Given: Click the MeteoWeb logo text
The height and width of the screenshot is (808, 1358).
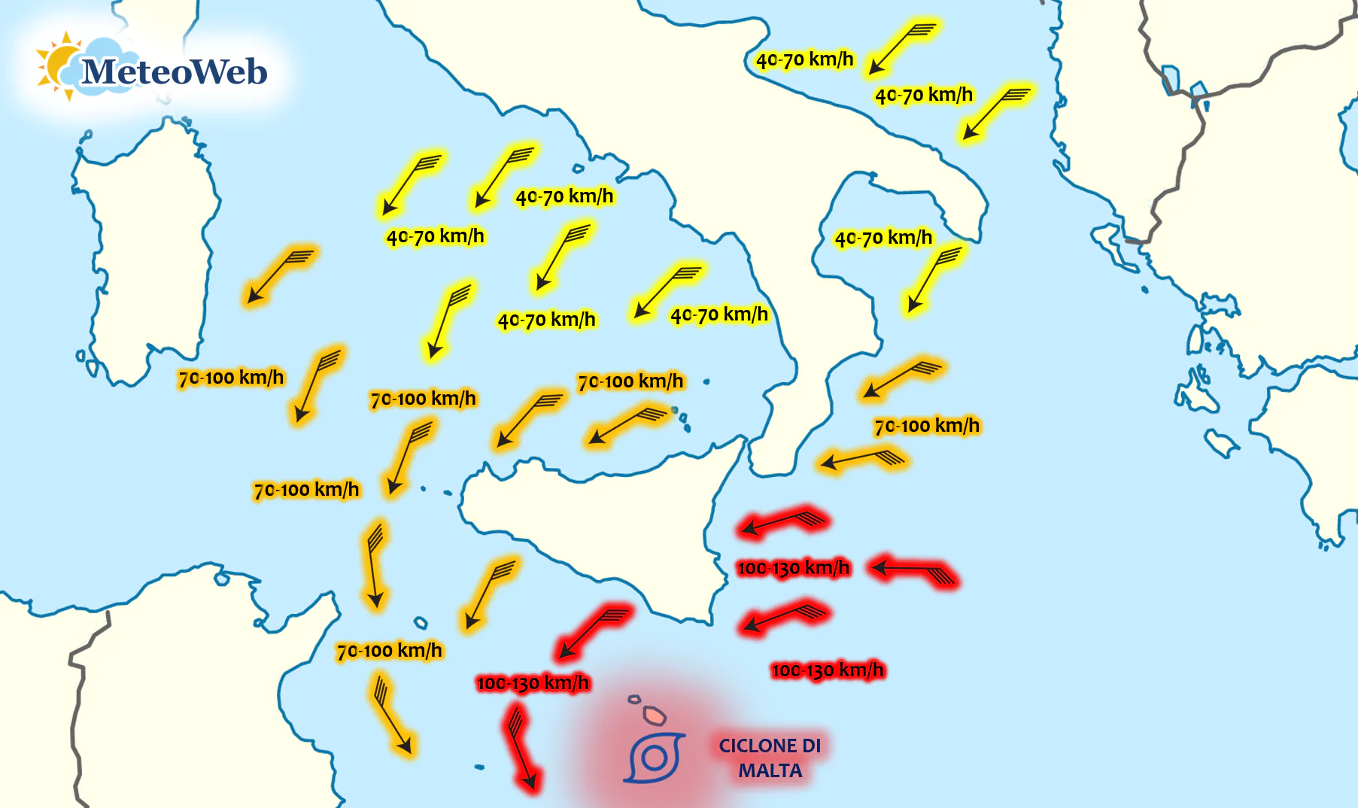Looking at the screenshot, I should pos(174,72).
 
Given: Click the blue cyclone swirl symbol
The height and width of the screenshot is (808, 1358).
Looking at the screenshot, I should pos(654,757).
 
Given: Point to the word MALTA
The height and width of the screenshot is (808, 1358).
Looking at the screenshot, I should pos(770,771).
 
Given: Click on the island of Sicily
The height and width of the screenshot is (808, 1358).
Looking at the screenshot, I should pos(602,527).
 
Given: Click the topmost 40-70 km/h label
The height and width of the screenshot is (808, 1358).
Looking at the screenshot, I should pos(804,59).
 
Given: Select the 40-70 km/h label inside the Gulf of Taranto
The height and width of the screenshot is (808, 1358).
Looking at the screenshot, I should pos(883,238).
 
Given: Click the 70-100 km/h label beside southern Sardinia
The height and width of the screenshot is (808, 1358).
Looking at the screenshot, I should pos(231,378).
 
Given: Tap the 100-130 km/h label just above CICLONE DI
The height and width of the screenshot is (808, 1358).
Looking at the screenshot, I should pos(828,670).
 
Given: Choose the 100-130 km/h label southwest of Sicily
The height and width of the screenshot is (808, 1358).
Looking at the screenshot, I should pos(533,683).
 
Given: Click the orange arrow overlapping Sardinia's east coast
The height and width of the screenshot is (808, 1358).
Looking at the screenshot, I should pos(278,275).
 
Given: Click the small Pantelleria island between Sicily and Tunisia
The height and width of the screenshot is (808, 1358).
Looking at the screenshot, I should pos(421,623).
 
